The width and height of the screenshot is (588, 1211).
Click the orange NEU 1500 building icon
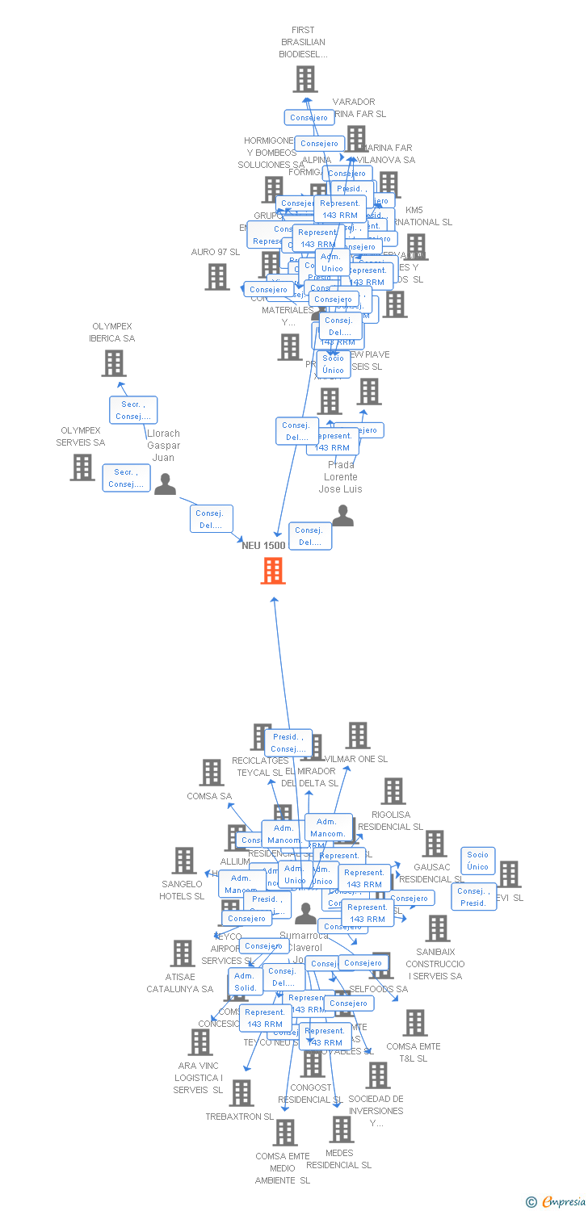point(273,571)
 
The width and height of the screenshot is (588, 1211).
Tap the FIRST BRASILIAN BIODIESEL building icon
point(304,79)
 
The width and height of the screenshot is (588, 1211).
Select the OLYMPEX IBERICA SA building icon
point(114,363)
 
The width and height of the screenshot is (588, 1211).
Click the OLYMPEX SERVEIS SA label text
point(81,437)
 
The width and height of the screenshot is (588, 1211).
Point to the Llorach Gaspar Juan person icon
point(165,484)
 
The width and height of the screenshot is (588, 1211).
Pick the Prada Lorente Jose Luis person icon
point(342,516)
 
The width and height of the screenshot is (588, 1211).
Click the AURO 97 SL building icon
point(216,277)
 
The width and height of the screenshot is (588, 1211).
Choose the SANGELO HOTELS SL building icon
point(183,861)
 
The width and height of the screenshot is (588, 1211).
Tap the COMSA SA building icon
point(211,773)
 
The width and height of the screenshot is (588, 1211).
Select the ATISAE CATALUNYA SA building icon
point(183,953)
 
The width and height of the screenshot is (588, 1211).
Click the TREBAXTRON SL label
point(239,1117)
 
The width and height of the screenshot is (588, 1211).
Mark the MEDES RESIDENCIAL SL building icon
point(342,1129)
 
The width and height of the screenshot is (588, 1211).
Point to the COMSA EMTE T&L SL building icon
point(414,1023)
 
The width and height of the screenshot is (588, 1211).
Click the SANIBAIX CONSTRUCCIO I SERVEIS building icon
point(437,928)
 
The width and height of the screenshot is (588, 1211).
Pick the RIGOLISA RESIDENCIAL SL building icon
point(393,791)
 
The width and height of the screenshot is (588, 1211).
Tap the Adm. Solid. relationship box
point(245,982)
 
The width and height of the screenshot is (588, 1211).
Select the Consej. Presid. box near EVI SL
point(473,897)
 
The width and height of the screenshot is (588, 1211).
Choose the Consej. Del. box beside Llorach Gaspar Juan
point(212,518)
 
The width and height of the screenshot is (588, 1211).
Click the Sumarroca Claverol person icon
point(305,914)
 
